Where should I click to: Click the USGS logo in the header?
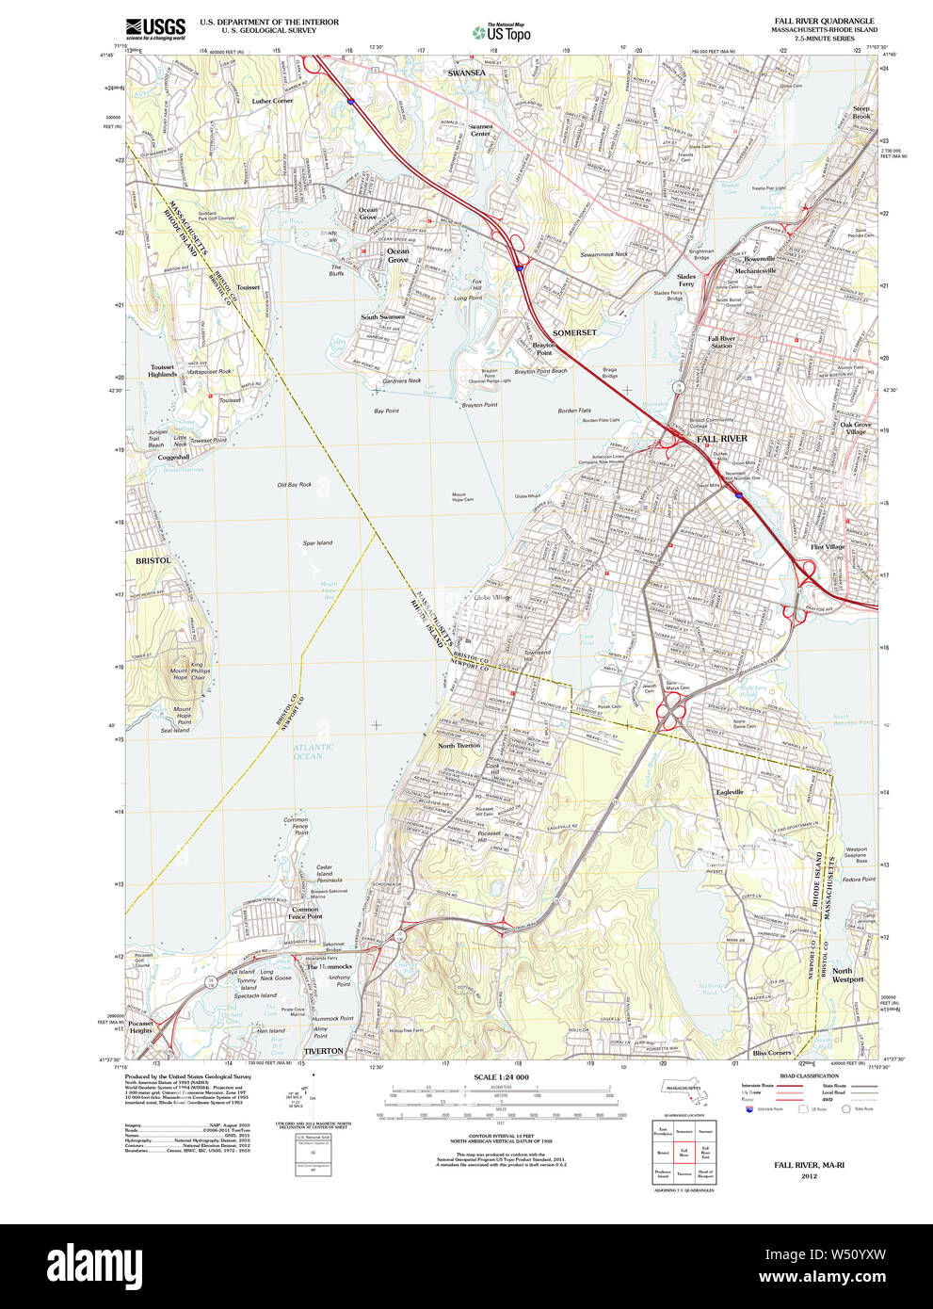point(156,28)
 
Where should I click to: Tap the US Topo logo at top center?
point(503,33)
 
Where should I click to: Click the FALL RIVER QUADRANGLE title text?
point(823,21)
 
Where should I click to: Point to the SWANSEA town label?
point(466,73)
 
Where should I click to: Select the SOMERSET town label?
point(574,332)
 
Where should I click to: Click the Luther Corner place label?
point(272,101)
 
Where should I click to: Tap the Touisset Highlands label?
point(162,371)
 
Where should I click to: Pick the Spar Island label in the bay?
point(317,543)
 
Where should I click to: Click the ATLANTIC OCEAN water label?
point(313,751)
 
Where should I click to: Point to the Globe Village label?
point(492,597)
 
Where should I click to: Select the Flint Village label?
point(828,547)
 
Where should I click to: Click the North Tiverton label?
point(458,746)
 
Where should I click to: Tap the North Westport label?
point(846,975)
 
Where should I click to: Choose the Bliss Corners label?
point(772,1053)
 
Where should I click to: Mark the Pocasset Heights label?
point(140,1026)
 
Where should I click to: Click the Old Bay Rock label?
point(294,485)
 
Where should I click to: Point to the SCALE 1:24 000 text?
point(501,1077)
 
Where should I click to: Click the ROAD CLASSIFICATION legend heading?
point(809,1075)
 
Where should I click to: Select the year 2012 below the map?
point(809,1176)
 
